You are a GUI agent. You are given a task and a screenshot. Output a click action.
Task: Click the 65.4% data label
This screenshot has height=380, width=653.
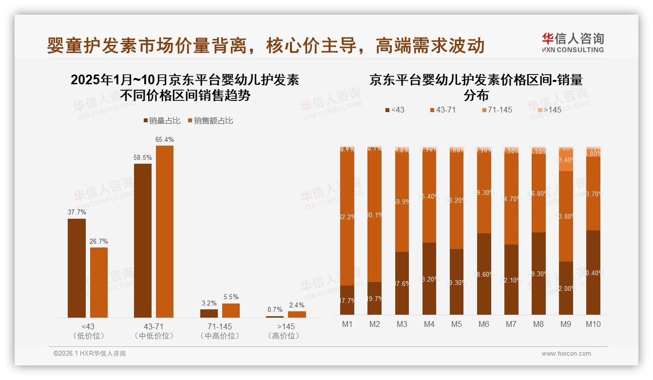click(165, 140)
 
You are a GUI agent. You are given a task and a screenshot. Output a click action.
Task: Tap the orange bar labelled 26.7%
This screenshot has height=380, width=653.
click(99, 283)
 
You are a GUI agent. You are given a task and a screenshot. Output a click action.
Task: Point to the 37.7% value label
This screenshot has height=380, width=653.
click(77, 212)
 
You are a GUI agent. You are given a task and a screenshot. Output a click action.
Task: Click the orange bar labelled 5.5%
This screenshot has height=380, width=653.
click(231, 310)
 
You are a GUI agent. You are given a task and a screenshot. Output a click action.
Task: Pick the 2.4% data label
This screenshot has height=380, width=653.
click(297, 305)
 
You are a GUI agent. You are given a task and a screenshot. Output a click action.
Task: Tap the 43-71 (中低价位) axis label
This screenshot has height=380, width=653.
click(154, 331)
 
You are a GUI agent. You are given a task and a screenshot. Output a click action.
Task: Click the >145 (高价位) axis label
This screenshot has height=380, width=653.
click(286, 331)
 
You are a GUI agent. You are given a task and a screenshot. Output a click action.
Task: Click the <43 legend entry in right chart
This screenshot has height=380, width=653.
click(394, 110)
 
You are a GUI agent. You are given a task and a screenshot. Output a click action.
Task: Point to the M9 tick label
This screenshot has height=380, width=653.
click(566, 324)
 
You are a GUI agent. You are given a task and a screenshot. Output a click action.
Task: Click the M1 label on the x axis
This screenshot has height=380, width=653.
click(347, 324)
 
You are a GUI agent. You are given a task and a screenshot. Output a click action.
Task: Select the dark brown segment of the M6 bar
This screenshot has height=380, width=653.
click(484, 274)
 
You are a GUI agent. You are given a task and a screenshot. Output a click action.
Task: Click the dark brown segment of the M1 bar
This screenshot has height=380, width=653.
click(347, 300)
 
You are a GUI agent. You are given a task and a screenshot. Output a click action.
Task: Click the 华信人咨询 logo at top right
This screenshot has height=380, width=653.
click(573, 42)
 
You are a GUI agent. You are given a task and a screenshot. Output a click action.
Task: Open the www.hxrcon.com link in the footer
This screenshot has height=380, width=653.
click(566, 354)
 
